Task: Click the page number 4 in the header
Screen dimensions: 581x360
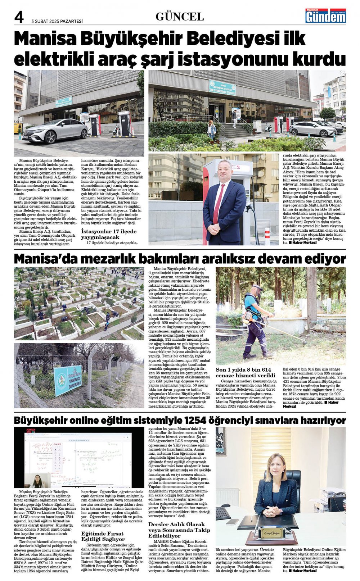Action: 19,17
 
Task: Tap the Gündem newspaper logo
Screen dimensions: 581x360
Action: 325,16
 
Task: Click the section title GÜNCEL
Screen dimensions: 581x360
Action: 180,17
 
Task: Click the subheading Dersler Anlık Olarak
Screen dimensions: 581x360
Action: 176,524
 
